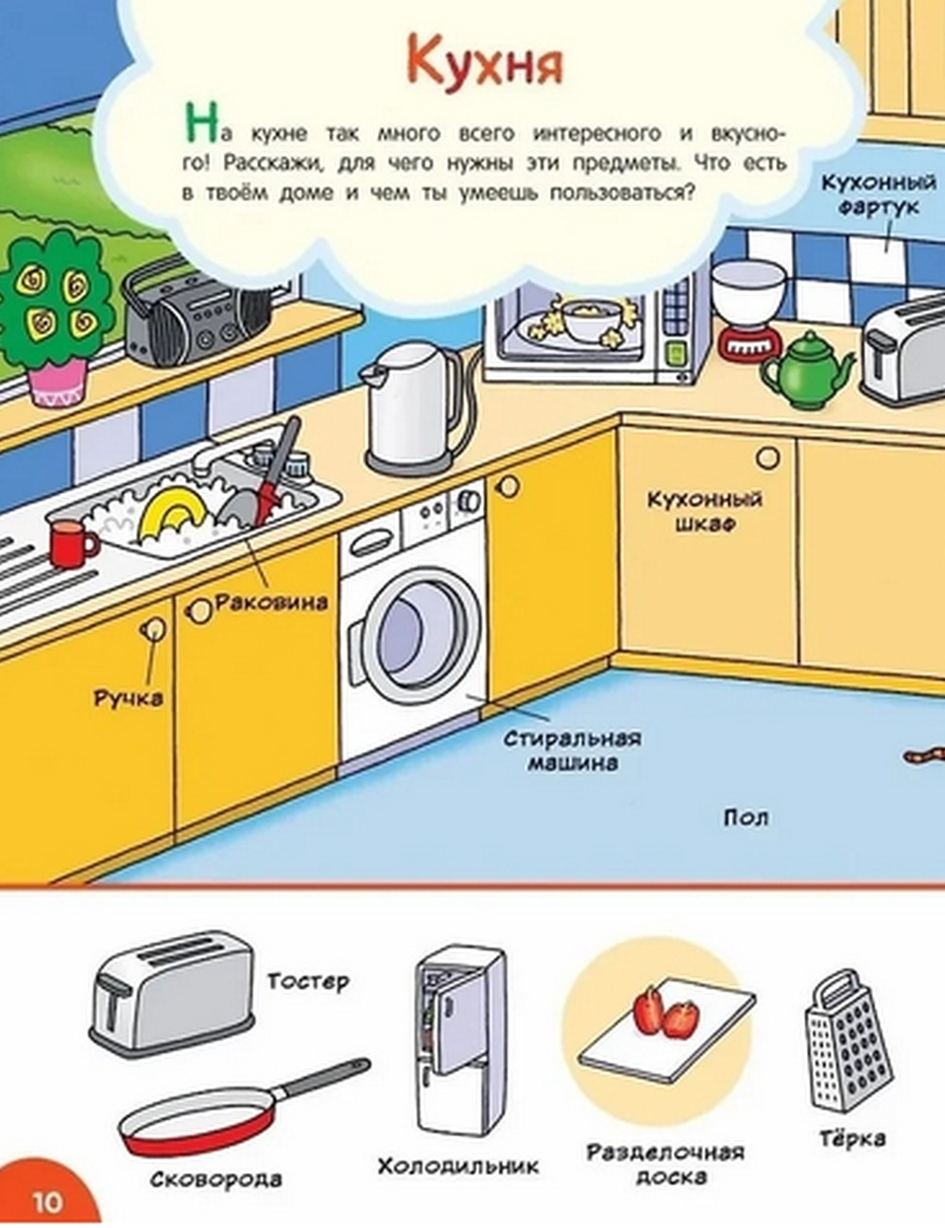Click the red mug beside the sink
point(71,544)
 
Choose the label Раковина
point(271,602)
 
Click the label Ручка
point(128,698)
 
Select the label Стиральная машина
point(572,750)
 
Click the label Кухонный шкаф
point(704,510)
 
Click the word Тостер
point(307,981)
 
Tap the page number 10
point(47,1202)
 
